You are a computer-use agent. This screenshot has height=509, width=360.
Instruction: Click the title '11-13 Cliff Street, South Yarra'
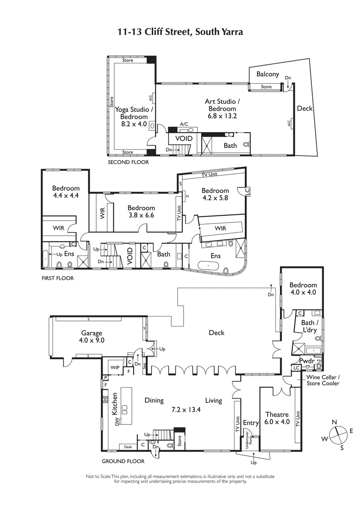(x=180, y=32)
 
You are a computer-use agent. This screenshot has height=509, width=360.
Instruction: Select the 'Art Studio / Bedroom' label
(x=222, y=108)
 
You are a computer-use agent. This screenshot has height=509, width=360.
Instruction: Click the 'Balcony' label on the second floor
(x=268, y=74)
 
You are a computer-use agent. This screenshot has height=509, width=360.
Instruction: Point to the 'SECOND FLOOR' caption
(x=128, y=162)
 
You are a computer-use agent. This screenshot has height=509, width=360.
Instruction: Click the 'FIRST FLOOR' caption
(x=57, y=278)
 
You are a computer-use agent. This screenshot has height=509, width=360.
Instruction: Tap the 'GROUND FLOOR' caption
(x=123, y=461)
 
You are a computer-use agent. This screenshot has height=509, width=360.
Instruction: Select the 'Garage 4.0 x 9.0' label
(x=93, y=337)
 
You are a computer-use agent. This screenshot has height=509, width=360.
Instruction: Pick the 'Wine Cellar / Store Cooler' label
(x=323, y=380)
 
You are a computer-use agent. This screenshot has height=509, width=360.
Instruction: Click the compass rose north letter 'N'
(x=334, y=422)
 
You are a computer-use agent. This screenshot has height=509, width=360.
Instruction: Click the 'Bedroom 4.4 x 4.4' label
(x=66, y=192)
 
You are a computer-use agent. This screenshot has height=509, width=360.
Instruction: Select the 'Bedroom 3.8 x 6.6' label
(x=141, y=211)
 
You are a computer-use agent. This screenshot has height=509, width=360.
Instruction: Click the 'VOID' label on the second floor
(x=183, y=138)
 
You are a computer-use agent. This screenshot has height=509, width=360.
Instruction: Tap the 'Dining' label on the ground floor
(x=154, y=401)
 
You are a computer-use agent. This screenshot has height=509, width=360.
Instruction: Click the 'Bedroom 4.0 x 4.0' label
(x=303, y=288)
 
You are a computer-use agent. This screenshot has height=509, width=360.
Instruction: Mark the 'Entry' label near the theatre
(x=251, y=423)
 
